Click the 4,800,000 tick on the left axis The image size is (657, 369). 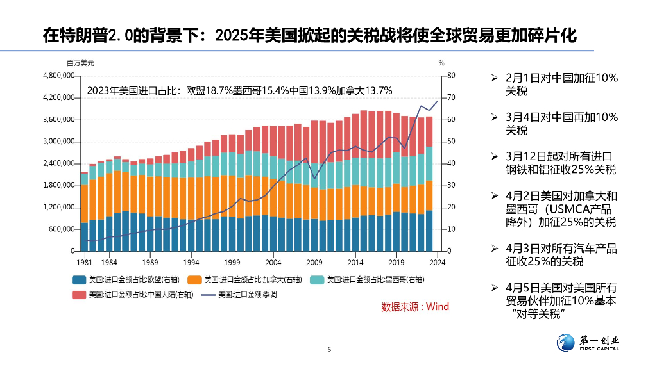click(x=58, y=76)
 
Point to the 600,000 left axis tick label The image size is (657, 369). click(x=61, y=229)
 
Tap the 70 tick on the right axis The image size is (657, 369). click(x=451, y=97)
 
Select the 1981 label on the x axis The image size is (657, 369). click(x=84, y=262)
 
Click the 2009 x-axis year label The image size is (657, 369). click(x=314, y=262)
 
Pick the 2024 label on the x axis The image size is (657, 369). click(x=437, y=262)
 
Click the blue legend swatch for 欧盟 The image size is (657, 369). click(x=79, y=279)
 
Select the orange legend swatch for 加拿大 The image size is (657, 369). click(x=195, y=279)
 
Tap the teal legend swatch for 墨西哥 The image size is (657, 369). click(x=317, y=279)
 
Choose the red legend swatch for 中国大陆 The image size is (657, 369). click(x=79, y=295)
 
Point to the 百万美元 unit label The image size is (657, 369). click(x=80, y=63)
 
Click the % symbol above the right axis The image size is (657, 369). click(x=441, y=63)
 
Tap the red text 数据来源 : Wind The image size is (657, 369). click(x=415, y=307)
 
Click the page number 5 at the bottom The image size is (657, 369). click(x=329, y=349)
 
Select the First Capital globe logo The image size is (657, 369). click(x=567, y=343)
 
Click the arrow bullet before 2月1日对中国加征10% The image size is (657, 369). click(x=494, y=78)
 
